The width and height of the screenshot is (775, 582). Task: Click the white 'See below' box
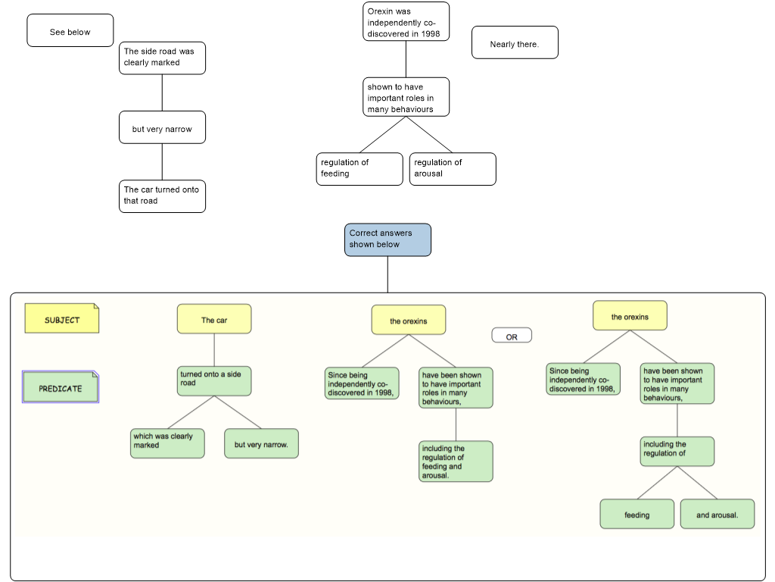tap(70, 31)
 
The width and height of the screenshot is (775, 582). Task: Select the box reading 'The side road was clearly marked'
tap(162, 58)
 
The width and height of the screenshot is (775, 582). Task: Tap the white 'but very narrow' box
tap(162, 128)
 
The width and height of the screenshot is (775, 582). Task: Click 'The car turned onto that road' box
tap(162, 196)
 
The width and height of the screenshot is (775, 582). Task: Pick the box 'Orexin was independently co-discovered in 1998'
tap(406, 22)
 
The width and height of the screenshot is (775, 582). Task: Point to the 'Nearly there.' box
tap(515, 43)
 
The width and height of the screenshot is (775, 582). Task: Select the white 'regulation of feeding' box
tap(359, 169)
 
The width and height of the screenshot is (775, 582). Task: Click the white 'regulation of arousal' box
tap(453, 169)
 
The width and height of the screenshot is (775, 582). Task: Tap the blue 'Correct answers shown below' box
tap(387, 239)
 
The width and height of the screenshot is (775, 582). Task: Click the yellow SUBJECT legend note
tap(62, 319)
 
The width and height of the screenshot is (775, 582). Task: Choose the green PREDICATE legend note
tap(61, 387)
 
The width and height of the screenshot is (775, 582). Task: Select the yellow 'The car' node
tap(214, 319)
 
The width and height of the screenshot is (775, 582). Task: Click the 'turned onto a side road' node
tap(214, 380)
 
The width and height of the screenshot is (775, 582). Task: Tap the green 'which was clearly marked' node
tap(167, 443)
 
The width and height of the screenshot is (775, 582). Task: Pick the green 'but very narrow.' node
tap(261, 443)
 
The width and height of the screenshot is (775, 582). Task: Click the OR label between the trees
tap(512, 336)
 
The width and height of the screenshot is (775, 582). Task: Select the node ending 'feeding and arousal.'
tap(456, 462)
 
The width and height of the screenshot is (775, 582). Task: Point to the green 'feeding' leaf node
tap(636, 514)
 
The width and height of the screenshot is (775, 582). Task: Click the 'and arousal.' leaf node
tap(717, 514)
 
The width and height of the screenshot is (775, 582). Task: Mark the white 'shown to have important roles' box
tap(406, 97)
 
